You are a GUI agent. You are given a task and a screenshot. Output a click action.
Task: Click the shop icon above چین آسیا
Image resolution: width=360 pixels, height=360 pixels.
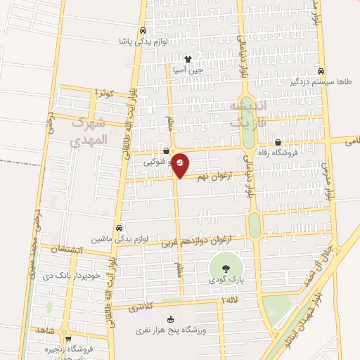point(188,59)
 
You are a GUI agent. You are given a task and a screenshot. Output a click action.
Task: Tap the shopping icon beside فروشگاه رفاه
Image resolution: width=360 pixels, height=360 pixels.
point(279,141)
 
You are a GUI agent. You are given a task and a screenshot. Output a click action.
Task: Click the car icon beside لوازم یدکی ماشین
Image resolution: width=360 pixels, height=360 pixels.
point(119,229)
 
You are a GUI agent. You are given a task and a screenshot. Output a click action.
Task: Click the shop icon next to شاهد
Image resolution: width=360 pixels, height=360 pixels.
point(65,330)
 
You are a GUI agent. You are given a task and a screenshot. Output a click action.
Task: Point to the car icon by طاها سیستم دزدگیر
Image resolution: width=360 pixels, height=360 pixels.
point(321,71)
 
